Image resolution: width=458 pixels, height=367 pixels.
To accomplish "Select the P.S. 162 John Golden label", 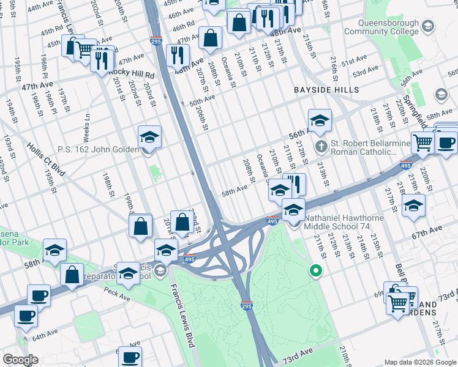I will (98, 149).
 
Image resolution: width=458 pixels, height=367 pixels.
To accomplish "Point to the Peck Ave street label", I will (116, 297).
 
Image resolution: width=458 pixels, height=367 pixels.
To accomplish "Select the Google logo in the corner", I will (20, 360).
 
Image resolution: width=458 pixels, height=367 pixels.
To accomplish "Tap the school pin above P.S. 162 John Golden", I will (149, 137).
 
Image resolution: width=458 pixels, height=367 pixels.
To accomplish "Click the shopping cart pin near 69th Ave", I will (399, 302).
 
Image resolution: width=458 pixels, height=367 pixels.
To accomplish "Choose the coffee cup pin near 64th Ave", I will (26, 316).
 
